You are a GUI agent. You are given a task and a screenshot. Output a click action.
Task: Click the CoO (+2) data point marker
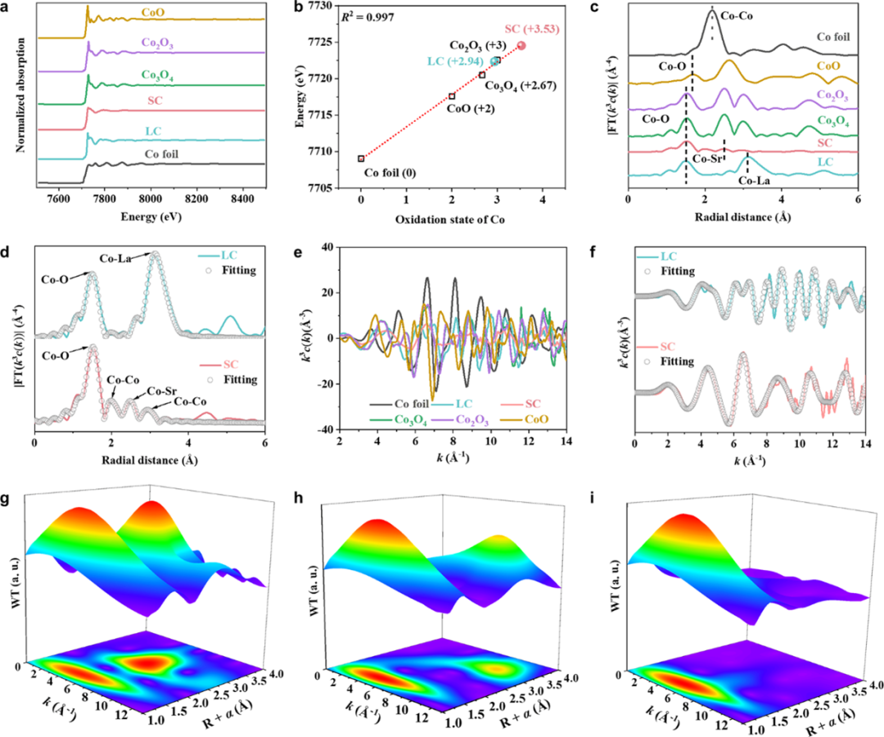[x=452, y=97]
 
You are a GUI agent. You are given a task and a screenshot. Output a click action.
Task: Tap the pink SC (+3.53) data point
[x=521, y=46]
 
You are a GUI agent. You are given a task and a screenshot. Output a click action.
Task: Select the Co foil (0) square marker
[x=361, y=159]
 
